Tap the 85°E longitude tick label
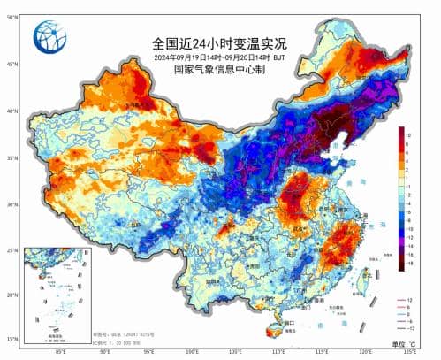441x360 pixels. point(61,352)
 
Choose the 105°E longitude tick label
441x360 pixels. point(236,352)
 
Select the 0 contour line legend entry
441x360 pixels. point(415,312)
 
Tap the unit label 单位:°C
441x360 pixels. point(414,342)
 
